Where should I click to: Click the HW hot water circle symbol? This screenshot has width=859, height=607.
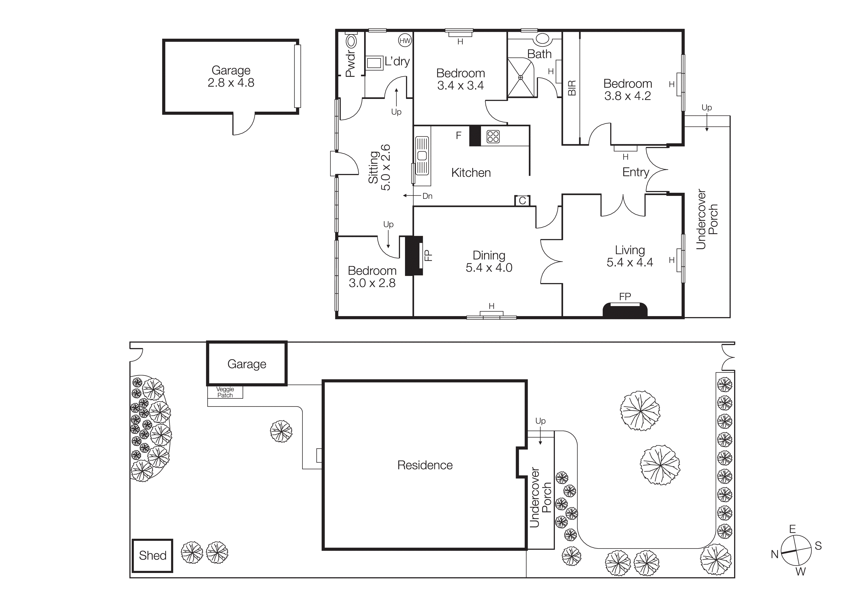coord(405,41)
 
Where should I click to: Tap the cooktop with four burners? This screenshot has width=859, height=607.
coord(493,137)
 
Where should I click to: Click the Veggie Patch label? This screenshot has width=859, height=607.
coord(225,392)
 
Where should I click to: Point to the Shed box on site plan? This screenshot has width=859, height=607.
coord(153,555)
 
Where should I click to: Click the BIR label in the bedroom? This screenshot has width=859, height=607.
coord(572,88)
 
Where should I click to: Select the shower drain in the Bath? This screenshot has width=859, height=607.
coord(520,77)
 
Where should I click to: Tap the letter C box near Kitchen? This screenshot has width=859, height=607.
coord(522,201)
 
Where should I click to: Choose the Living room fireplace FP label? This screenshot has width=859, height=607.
coord(625,297)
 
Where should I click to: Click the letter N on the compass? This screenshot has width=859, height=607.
coord(775,554)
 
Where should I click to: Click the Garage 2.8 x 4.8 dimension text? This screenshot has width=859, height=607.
coord(231,83)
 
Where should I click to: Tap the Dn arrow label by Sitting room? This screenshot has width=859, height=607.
coord(427,196)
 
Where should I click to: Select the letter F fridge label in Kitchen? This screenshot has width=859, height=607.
coord(459,135)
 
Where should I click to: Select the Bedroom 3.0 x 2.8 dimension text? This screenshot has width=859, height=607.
coord(372,283)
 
